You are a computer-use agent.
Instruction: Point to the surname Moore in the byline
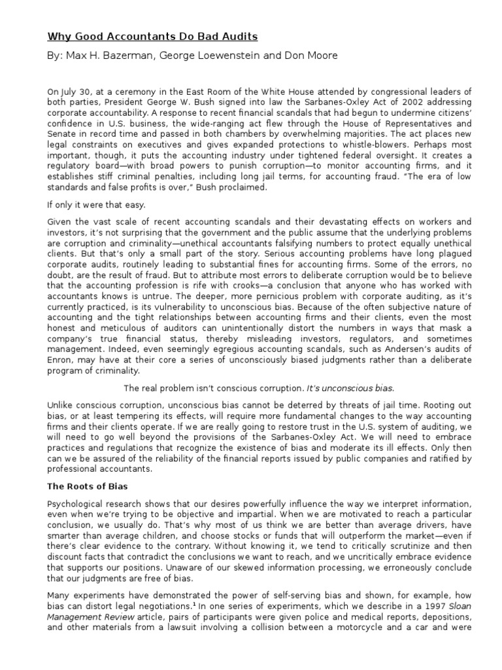322,56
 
